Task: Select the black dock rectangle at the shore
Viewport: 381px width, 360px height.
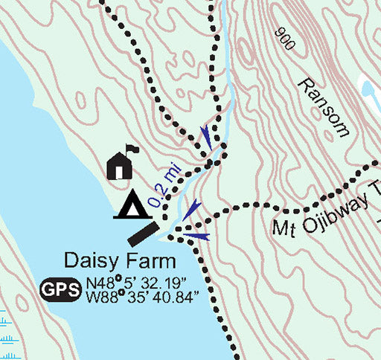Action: tap(143, 234)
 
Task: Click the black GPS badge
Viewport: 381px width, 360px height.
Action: tap(61, 289)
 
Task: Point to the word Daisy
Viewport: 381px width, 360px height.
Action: tap(91, 261)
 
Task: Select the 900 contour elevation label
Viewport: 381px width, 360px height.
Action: tap(284, 39)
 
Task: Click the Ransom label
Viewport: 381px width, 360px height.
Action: tap(322, 106)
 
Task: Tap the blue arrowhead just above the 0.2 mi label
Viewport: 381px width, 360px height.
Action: tap(205, 135)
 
